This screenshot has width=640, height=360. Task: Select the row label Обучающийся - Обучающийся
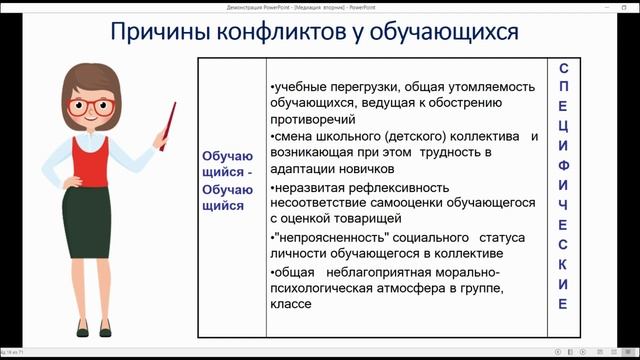point(229,181)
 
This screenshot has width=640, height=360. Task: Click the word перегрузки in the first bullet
point(351,85)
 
